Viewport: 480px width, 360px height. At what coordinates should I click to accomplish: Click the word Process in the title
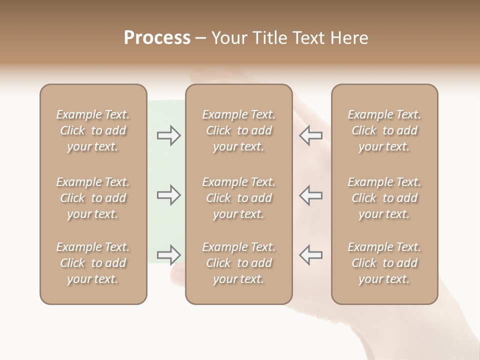157,38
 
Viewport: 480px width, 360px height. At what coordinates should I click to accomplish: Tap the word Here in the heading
348,38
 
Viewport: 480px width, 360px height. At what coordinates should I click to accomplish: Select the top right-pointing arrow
168,135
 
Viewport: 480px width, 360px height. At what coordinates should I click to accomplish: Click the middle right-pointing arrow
168,195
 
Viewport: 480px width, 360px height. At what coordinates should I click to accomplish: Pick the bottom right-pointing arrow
168,254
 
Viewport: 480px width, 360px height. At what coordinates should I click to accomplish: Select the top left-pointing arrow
311,135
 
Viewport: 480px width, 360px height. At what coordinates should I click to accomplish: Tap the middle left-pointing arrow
311,195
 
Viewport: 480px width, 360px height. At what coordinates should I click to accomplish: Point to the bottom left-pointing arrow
311,254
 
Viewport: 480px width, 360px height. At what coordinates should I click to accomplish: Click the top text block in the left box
93,130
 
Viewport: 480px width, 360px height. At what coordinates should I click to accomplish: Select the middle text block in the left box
93,198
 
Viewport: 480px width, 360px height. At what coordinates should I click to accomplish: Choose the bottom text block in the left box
93,263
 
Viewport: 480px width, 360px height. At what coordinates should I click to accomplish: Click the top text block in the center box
238,130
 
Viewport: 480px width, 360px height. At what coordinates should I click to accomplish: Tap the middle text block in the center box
238,198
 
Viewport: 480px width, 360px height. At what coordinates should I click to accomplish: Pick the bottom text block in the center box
238,263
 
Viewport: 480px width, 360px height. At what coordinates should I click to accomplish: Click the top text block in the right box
384,130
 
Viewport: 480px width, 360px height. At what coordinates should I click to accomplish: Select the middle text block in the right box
384,198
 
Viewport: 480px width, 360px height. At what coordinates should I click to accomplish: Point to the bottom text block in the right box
384,263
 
